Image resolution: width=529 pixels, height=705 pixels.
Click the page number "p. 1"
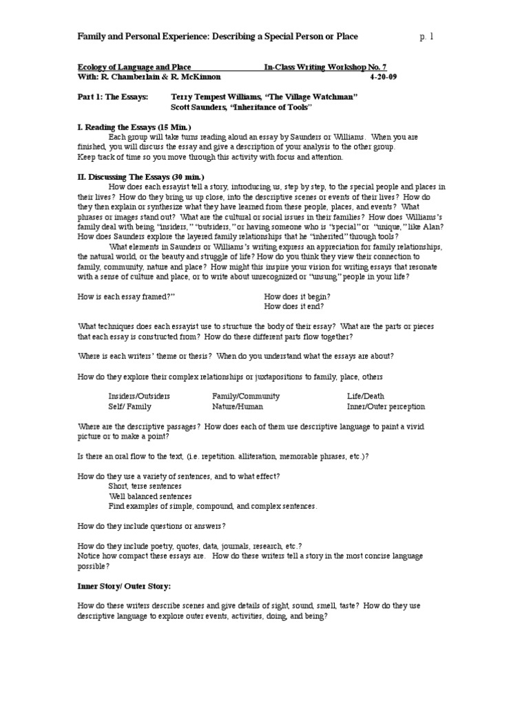pyautogui.click(x=427, y=36)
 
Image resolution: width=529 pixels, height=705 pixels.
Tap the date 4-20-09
pyautogui.click(x=383, y=77)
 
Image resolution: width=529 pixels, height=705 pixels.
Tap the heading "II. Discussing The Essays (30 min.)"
pyautogui.click(x=142, y=177)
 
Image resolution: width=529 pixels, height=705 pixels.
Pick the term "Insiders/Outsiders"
pyautogui.click(x=139, y=397)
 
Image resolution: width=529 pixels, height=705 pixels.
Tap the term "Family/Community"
pyautogui.click(x=246, y=397)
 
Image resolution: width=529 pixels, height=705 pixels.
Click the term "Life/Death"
pyautogui.click(x=366, y=397)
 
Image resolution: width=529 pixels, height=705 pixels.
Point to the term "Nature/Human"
pyautogui.click(x=238, y=406)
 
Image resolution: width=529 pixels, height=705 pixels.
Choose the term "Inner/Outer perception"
pyautogui.click(x=386, y=406)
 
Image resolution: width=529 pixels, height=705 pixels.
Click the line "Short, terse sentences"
pyautogui.click(x=145, y=486)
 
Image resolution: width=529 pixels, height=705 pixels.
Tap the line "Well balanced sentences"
pyautogui.click(x=149, y=496)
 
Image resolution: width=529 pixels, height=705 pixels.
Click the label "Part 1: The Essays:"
pyautogui.click(x=112, y=97)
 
